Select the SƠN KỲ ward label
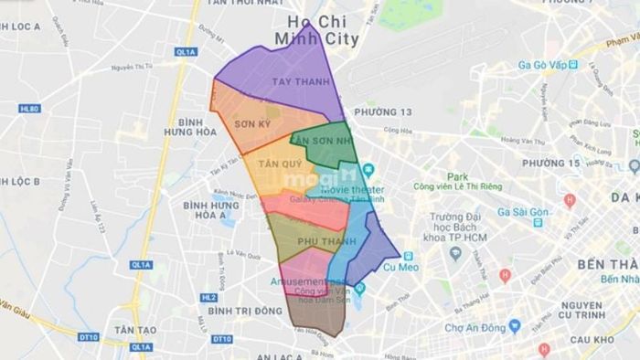tap(251, 122)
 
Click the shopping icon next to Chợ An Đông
tap(514, 326)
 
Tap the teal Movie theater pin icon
tap(368, 171)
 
